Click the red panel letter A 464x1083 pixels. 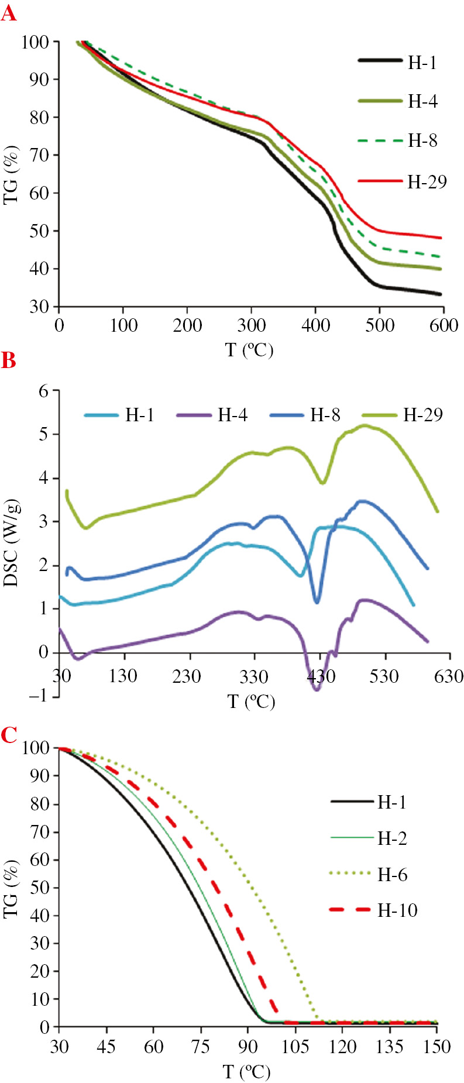(x=9, y=12)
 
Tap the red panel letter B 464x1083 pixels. (x=8, y=360)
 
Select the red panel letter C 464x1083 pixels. (x=9, y=735)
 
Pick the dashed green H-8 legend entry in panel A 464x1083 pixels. (x=398, y=141)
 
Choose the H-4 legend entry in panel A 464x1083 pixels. (x=398, y=102)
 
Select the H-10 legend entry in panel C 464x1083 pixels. (x=374, y=910)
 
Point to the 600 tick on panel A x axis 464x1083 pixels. (x=444, y=325)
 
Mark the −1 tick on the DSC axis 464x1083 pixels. (x=40, y=696)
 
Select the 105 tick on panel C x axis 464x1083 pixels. (x=295, y=1046)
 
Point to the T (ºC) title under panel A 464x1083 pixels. (x=249, y=350)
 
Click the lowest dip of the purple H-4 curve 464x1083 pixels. (x=317, y=690)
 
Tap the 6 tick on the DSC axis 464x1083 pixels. (x=44, y=391)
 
